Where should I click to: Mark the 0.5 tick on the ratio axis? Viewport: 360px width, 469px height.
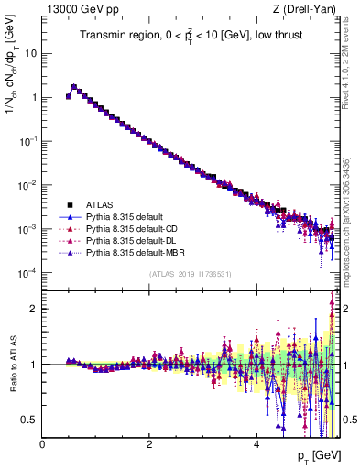[x=28, y=420]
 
